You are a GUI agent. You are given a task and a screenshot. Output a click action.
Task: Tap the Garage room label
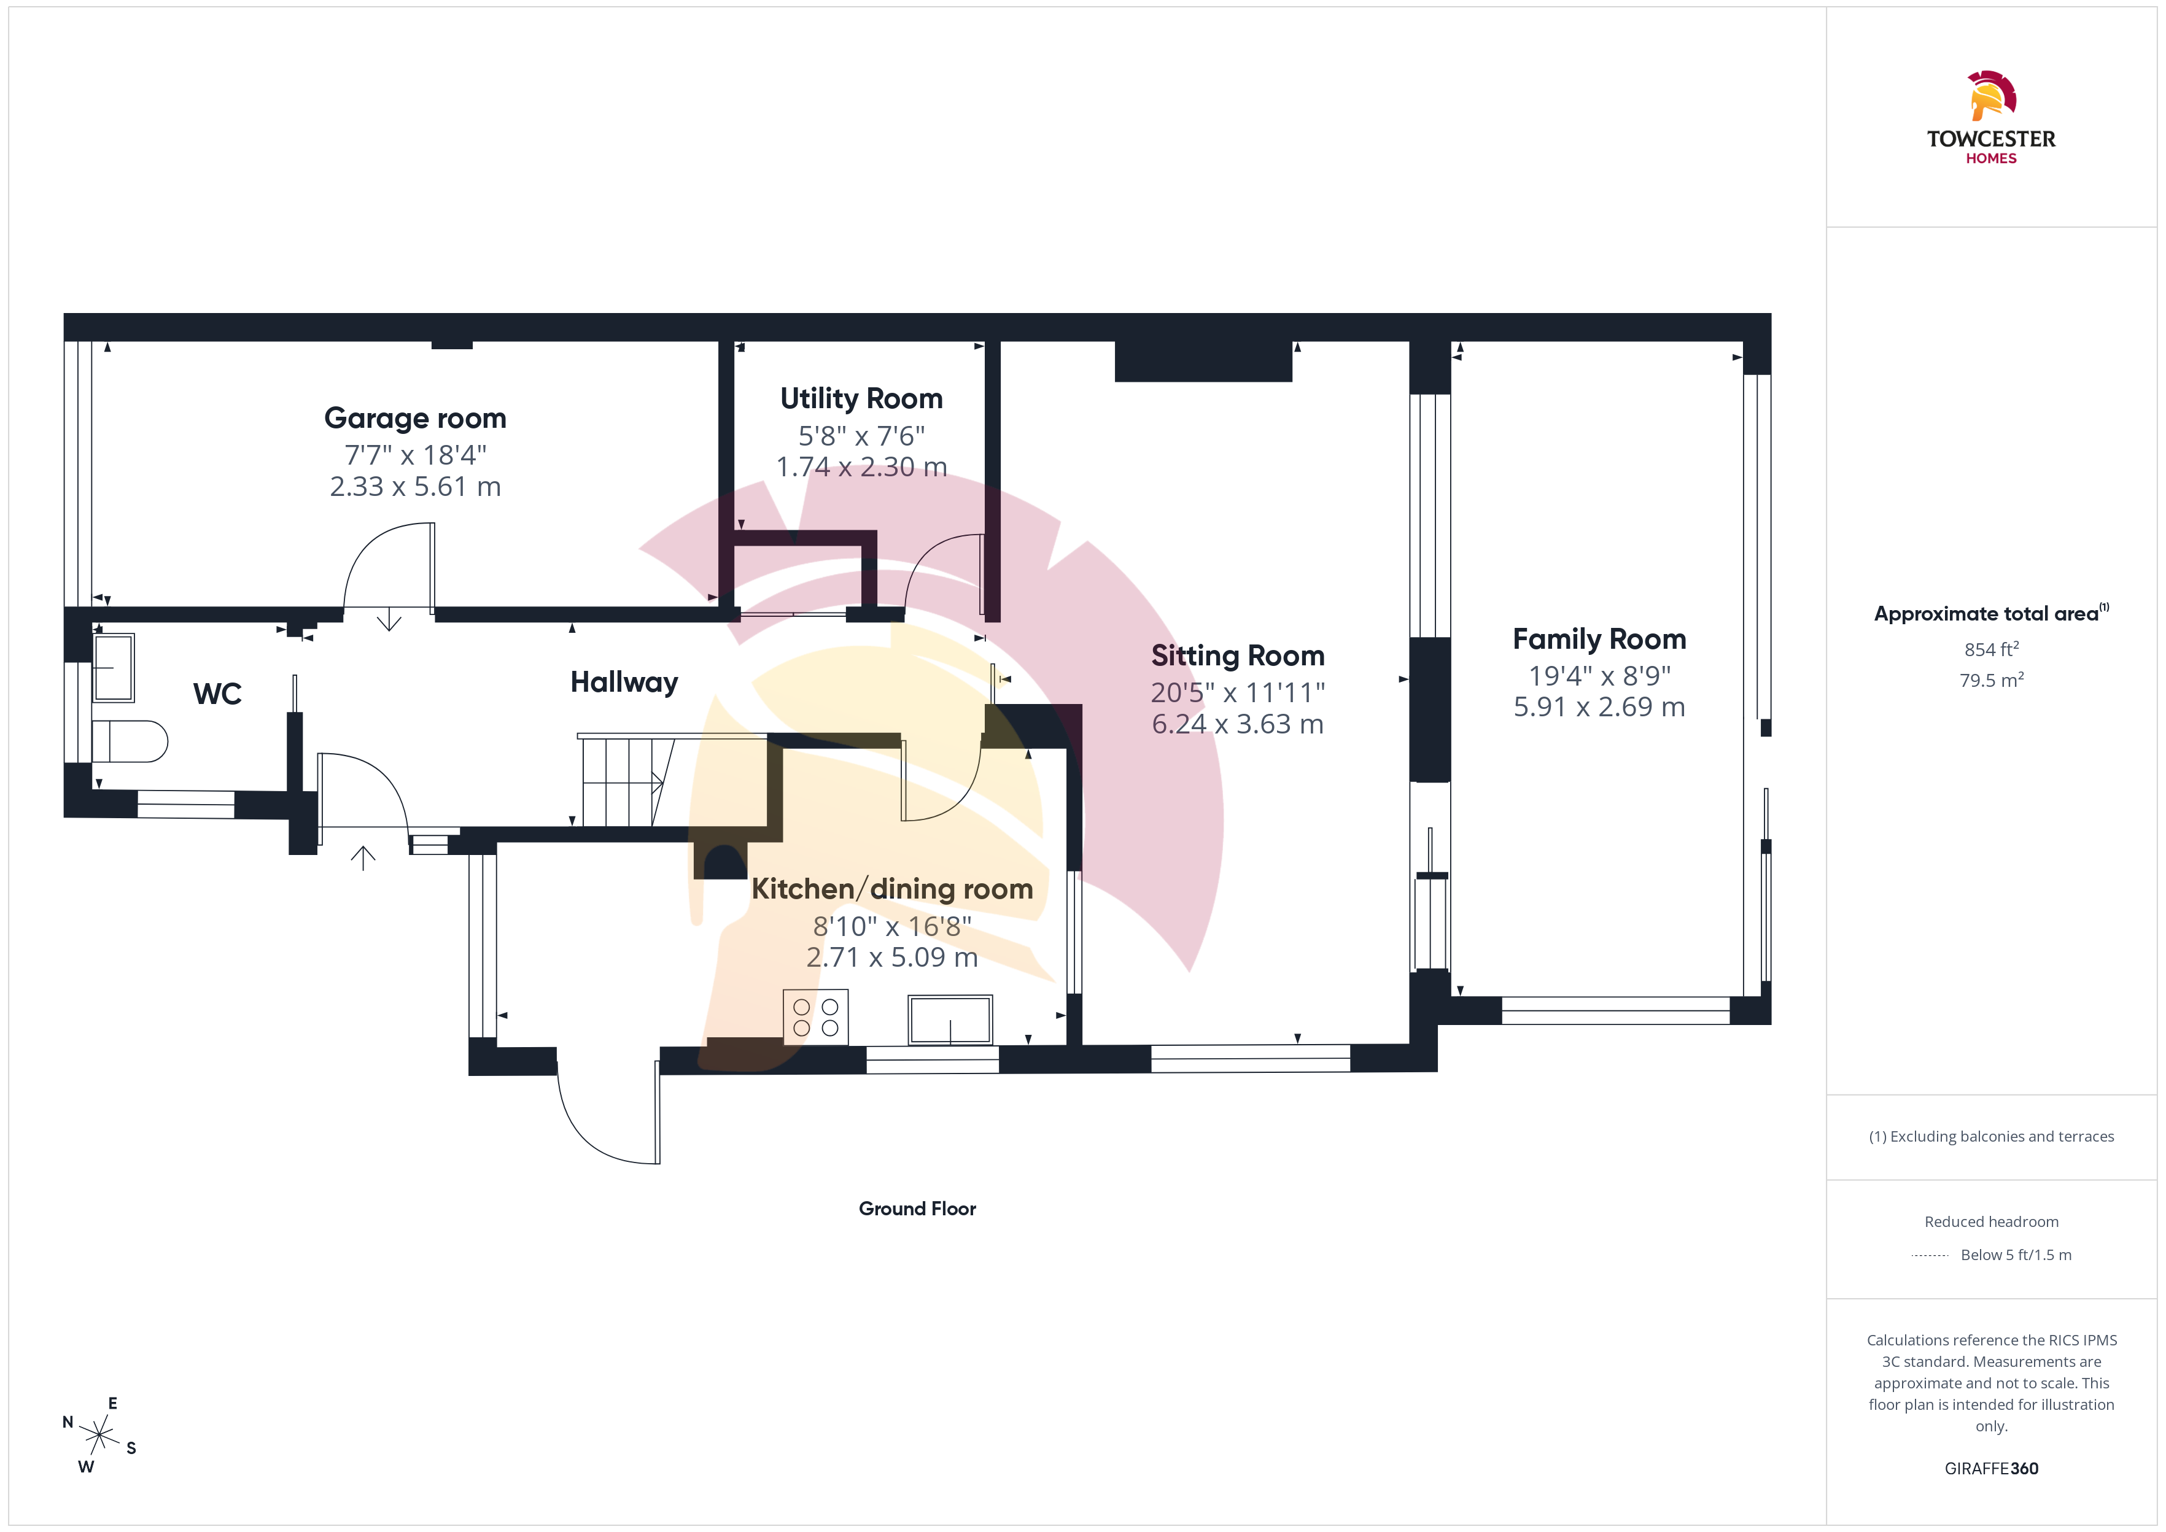tap(415, 418)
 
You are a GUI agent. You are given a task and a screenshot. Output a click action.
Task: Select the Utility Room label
tap(861, 398)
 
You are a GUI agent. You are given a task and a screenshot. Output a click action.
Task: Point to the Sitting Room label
tap(1238, 656)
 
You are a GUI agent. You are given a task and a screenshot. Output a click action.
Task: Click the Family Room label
tap(1599, 639)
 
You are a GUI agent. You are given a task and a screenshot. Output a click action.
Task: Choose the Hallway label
tap(624, 682)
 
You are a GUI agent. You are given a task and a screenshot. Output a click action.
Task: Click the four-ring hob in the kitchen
tap(816, 1017)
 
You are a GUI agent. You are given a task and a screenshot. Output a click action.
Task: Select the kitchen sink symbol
tap(950, 1019)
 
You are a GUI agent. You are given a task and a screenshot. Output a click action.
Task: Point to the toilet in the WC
tap(130, 741)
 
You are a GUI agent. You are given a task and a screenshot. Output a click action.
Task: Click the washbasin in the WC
tap(113, 667)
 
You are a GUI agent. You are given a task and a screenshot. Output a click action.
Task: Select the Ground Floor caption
tap(917, 1209)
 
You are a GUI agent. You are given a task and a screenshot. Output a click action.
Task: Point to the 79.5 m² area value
tap(1992, 680)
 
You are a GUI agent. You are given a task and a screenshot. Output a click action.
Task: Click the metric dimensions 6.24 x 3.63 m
tap(1238, 724)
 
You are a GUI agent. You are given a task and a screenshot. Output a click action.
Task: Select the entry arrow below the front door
tap(363, 857)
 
